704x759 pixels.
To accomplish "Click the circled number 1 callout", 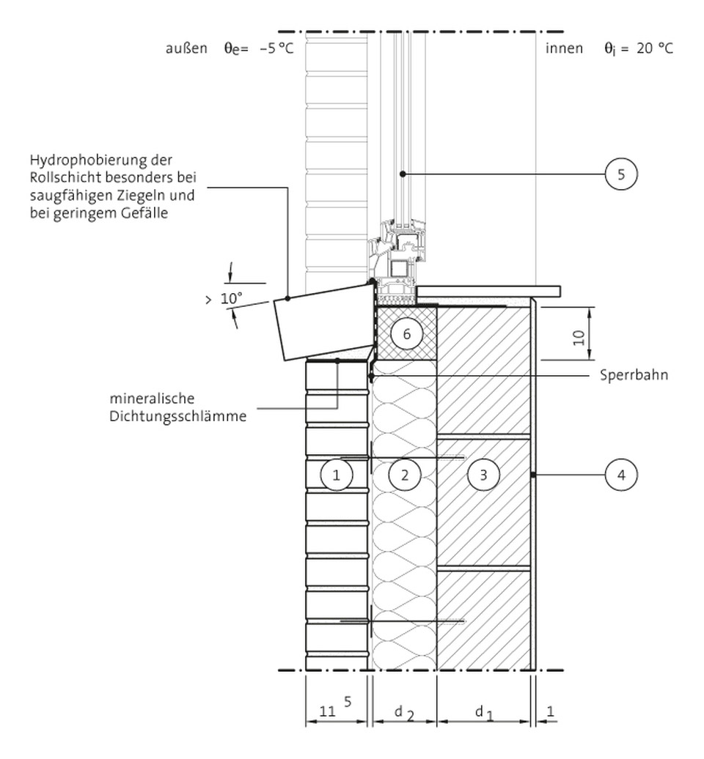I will click(x=337, y=475).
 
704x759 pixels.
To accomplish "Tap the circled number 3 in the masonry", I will click(x=483, y=475).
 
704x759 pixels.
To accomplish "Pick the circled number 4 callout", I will click(x=621, y=475).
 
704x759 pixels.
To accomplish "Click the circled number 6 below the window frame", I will click(x=406, y=334).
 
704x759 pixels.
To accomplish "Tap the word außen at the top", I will click(x=186, y=48).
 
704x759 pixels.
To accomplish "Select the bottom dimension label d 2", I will click(x=403, y=711).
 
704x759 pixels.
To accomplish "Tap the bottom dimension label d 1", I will click(x=482, y=711).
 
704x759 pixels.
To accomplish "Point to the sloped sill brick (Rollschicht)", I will click(x=323, y=322).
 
